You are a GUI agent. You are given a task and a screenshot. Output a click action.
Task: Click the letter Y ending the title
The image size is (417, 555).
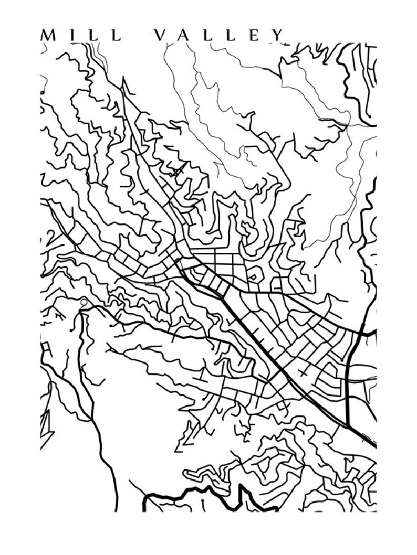(x=278, y=35)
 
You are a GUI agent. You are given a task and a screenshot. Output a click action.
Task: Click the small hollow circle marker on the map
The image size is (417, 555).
(x=84, y=302)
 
